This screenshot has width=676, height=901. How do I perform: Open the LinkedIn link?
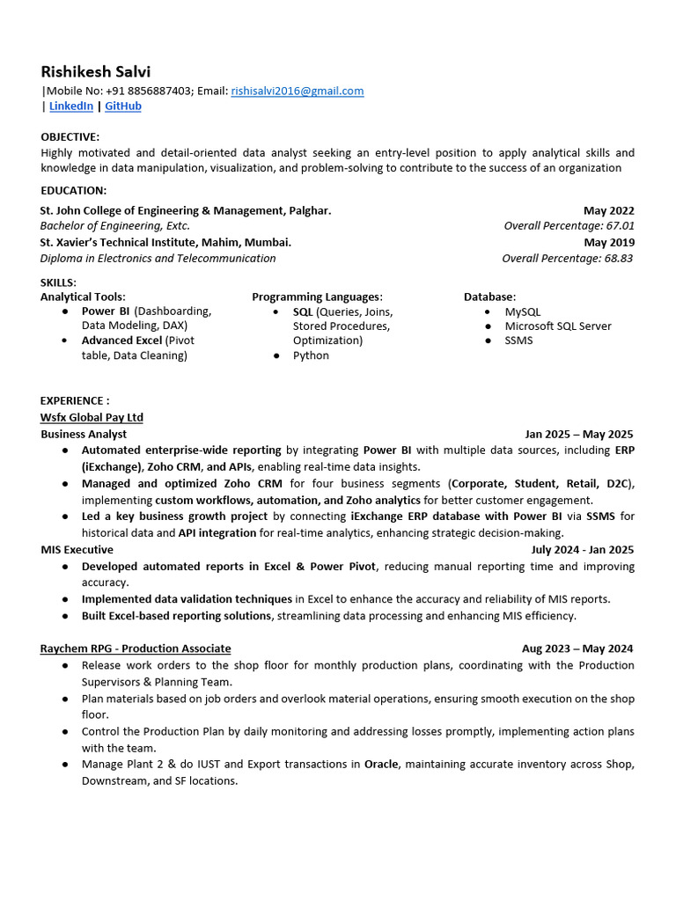[x=70, y=106]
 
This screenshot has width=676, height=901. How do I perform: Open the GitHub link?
[x=123, y=106]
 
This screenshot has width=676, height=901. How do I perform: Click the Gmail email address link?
[x=297, y=91]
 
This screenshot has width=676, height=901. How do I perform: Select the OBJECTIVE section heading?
[x=70, y=136]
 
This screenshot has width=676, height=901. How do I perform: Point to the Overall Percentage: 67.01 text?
[x=569, y=226]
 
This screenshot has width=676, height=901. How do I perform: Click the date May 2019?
[x=608, y=242]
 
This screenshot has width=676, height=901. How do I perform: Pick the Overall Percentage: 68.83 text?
[x=567, y=259]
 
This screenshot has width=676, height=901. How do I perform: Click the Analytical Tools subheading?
[x=83, y=297]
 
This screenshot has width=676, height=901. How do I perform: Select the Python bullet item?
[x=311, y=355]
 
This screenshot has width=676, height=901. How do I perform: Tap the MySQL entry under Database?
[x=523, y=311]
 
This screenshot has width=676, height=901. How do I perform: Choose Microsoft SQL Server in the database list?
[x=558, y=326]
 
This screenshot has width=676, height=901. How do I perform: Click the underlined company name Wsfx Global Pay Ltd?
[x=92, y=417]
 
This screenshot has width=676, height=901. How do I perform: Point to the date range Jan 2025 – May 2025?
[x=578, y=434]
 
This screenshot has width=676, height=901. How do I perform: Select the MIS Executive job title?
[x=77, y=550]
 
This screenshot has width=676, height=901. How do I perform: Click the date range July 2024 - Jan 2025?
[x=582, y=550]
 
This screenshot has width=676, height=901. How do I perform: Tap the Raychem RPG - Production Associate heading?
[x=136, y=648]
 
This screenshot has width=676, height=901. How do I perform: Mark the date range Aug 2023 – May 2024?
[x=577, y=648]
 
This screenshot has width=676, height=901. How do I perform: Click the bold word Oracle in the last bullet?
[x=381, y=765]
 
